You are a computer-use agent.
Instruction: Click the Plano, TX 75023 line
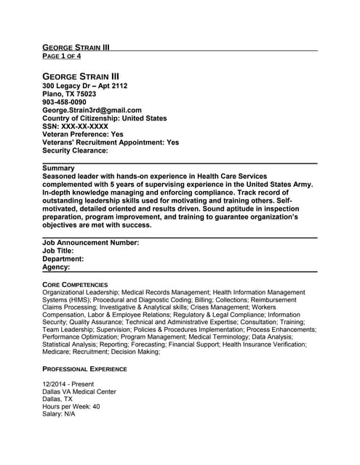[x=69, y=94]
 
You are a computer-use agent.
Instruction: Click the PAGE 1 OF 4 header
[x=62, y=56]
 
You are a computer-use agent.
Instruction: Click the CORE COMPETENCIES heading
[x=75, y=284]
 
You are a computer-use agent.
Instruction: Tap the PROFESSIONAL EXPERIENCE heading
[x=84, y=368]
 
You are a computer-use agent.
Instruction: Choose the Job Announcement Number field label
[x=91, y=243]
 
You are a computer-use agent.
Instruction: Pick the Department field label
[x=63, y=259]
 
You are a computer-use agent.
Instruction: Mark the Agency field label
[x=57, y=267]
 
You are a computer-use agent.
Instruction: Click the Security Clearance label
[x=76, y=150]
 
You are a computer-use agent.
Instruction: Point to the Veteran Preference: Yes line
[x=83, y=134]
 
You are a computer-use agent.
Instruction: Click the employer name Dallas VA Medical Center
[x=79, y=392]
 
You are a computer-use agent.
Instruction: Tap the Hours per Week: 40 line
[x=71, y=407]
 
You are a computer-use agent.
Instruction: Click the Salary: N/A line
[x=59, y=415]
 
